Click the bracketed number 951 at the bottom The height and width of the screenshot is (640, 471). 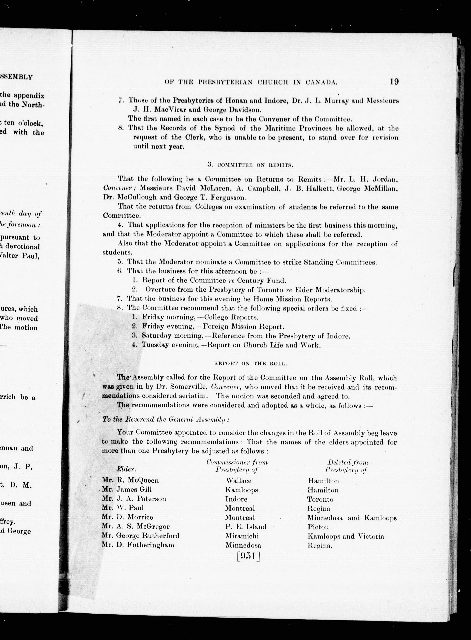[x=248, y=556]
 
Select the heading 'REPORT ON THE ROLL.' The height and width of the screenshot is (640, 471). [x=250, y=364]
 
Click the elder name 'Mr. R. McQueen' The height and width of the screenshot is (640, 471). [x=130, y=480]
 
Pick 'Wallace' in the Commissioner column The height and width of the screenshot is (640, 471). [x=239, y=481]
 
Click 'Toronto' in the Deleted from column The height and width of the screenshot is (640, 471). [x=320, y=499]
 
